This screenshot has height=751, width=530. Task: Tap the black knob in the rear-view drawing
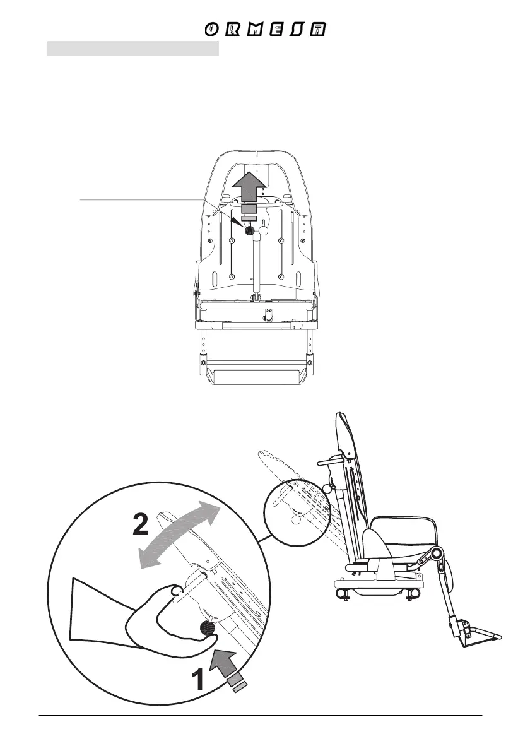(249, 231)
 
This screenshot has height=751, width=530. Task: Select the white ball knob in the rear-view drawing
(264, 231)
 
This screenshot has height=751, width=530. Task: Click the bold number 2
(141, 523)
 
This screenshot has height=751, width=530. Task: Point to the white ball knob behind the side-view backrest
(327, 488)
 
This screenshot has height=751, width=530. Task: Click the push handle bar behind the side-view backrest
(334, 466)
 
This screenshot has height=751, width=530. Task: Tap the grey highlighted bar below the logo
(133, 49)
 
